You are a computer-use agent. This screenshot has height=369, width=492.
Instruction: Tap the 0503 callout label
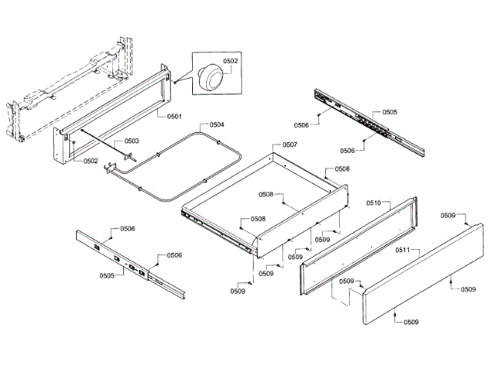(x=132, y=141)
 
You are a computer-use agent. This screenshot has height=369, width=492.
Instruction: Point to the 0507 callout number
(x=290, y=145)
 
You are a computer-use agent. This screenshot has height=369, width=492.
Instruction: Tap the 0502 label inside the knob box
(x=230, y=61)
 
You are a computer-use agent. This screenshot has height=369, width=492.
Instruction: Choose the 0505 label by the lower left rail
(x=107, y=274)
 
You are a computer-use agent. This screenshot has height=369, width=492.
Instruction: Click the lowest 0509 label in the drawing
(x=412, y=321)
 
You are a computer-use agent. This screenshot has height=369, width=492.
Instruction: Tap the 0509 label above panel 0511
(x=447, y=215)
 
